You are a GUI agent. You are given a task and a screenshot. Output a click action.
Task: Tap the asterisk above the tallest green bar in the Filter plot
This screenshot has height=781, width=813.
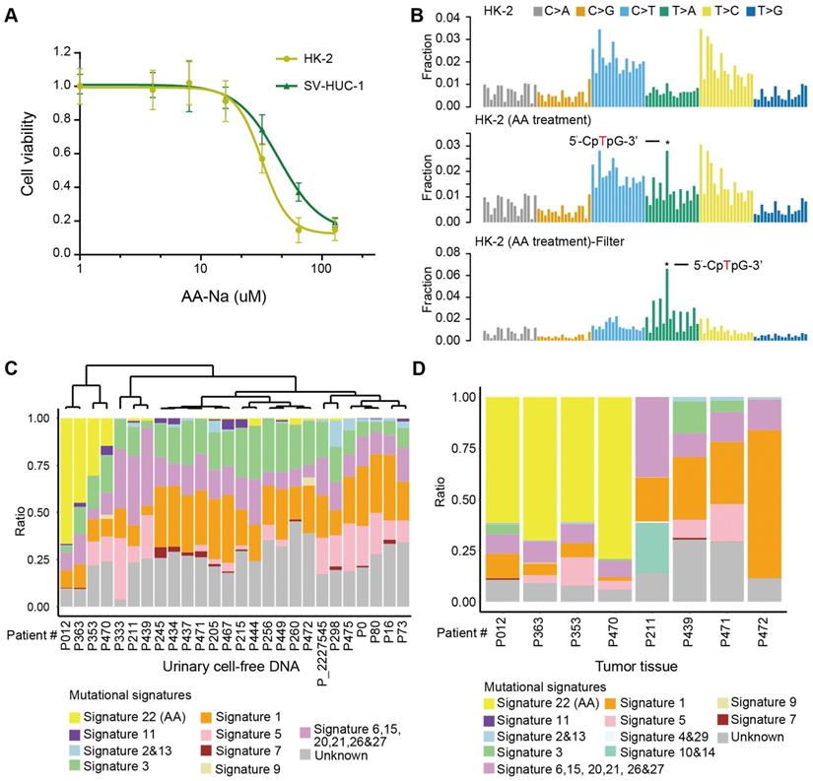click(x=667, y=265)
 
